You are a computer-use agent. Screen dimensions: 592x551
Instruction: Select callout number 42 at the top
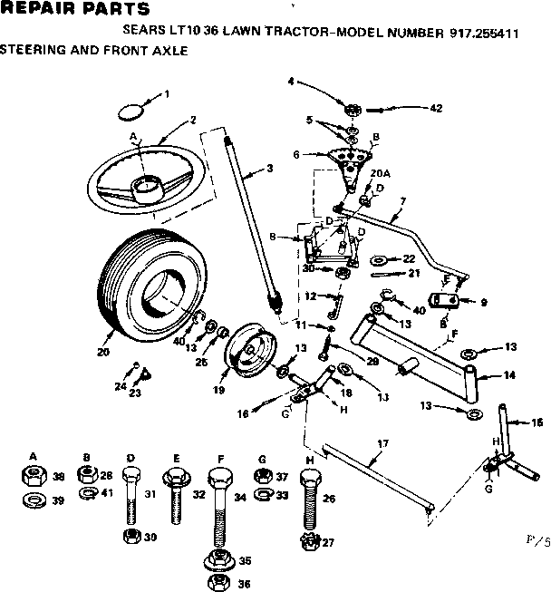(436, 109)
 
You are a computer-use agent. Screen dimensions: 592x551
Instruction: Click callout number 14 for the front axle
(510, 374)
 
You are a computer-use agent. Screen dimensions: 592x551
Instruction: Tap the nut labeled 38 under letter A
(33, 475)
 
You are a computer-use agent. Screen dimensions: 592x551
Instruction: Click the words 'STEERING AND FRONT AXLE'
(94, 52)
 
